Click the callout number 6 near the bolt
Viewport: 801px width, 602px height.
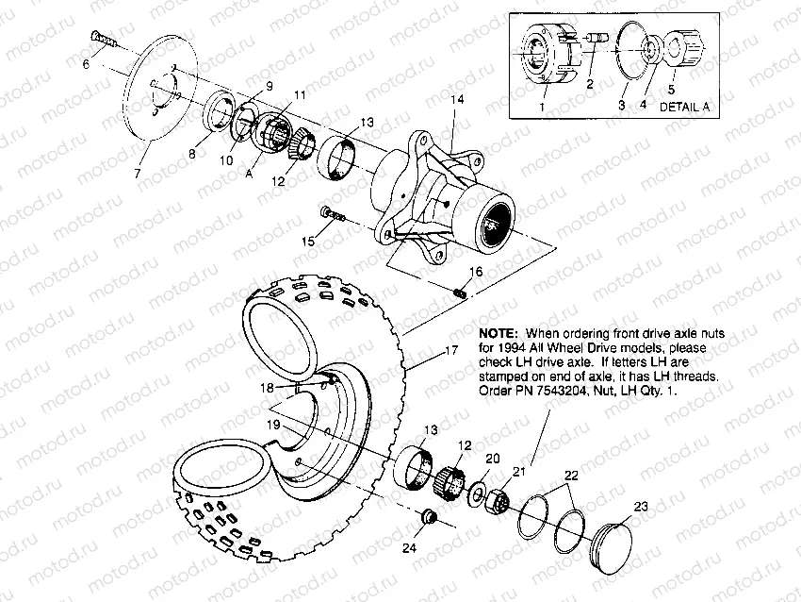click(86, 63)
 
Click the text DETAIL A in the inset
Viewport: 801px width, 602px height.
click(684, 108)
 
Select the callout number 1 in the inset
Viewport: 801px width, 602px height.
click(542, 108)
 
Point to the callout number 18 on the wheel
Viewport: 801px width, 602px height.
click(269, 388)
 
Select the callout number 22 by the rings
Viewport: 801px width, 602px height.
click(572, 477)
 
